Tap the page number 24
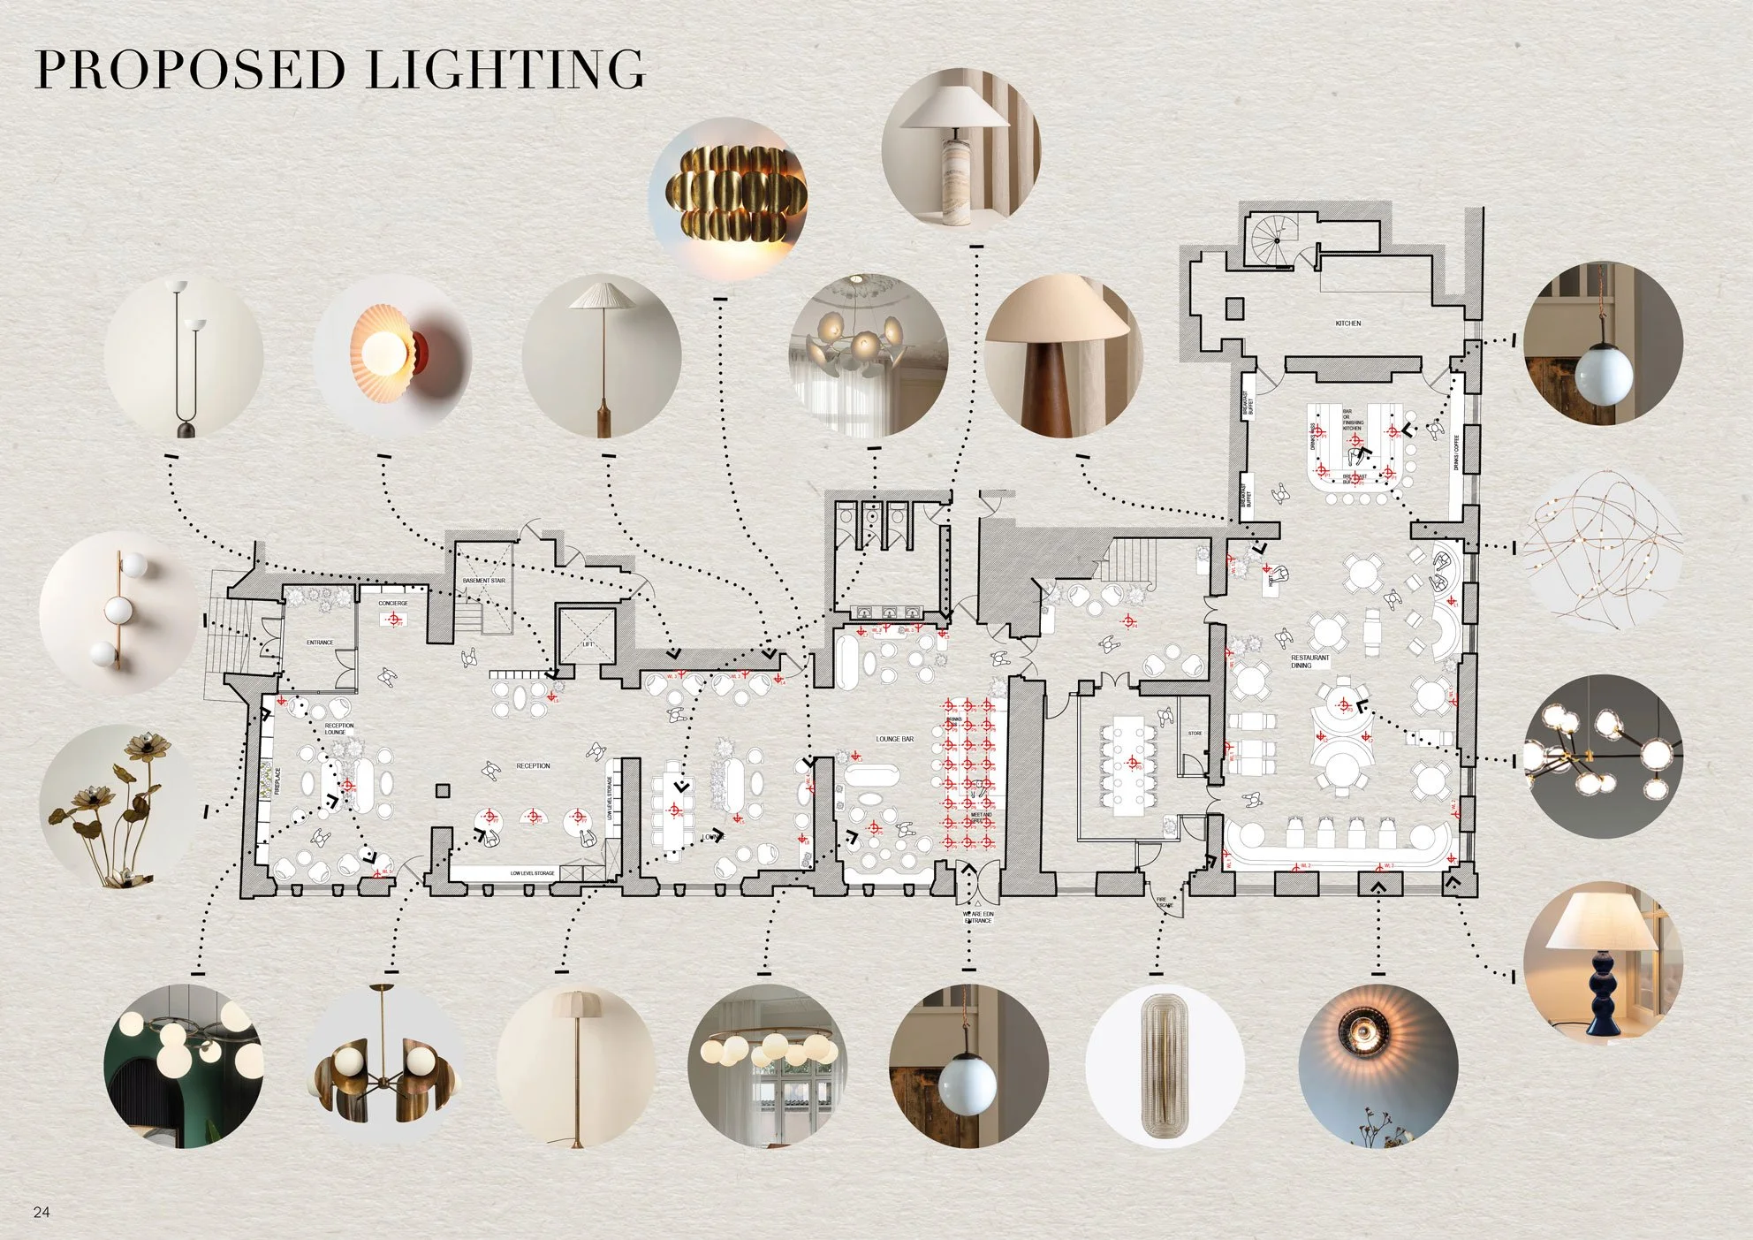[42, 1212]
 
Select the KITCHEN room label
[1348, 323]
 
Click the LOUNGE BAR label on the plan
[894, 739]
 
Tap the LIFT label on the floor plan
[588, 643]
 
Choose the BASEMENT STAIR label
[484, 581]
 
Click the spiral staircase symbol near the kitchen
[1275, 240]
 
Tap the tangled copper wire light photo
[1603, 548]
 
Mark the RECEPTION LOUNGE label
[339, 729]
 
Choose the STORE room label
[1195, 734]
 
